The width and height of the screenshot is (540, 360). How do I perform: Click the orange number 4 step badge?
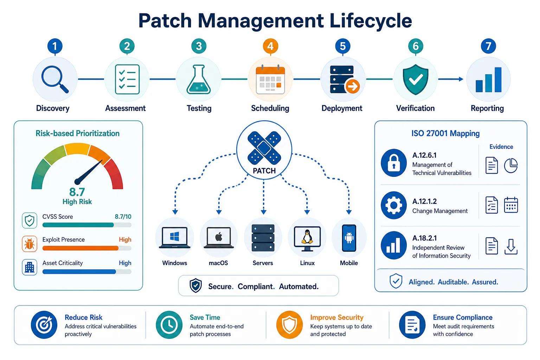point(270,46)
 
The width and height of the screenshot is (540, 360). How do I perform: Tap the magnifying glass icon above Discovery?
point(55,79)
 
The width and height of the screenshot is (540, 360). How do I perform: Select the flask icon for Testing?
point(199,79)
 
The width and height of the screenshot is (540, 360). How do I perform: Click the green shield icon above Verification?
point(415,79)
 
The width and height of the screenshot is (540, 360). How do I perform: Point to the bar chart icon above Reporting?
point(488,80)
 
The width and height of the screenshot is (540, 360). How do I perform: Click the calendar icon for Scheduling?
point(270,79)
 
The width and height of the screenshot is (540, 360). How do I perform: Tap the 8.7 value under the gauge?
point(77,192)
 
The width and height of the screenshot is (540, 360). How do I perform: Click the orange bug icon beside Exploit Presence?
point(30,244)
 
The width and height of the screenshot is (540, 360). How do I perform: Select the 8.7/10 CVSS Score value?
point(123,217)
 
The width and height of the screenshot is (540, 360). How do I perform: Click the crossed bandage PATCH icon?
point(264,148)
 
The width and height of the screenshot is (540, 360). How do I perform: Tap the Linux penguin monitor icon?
point(307,239)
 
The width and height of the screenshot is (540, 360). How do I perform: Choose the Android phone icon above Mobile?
point(349,238)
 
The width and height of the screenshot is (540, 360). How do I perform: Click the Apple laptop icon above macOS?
point(219,238)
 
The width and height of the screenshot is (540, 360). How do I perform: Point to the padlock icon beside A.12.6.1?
point(394,163)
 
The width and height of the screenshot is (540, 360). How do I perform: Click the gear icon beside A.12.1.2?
point(394,205)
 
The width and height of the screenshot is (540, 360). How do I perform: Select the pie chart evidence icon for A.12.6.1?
point(510,166)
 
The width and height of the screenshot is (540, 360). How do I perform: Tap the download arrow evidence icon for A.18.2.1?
point(511,246)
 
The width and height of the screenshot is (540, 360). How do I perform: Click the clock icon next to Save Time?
point(169,324)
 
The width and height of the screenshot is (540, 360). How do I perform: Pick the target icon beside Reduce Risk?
point(44,324)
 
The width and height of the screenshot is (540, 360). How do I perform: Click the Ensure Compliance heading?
point(463,317)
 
